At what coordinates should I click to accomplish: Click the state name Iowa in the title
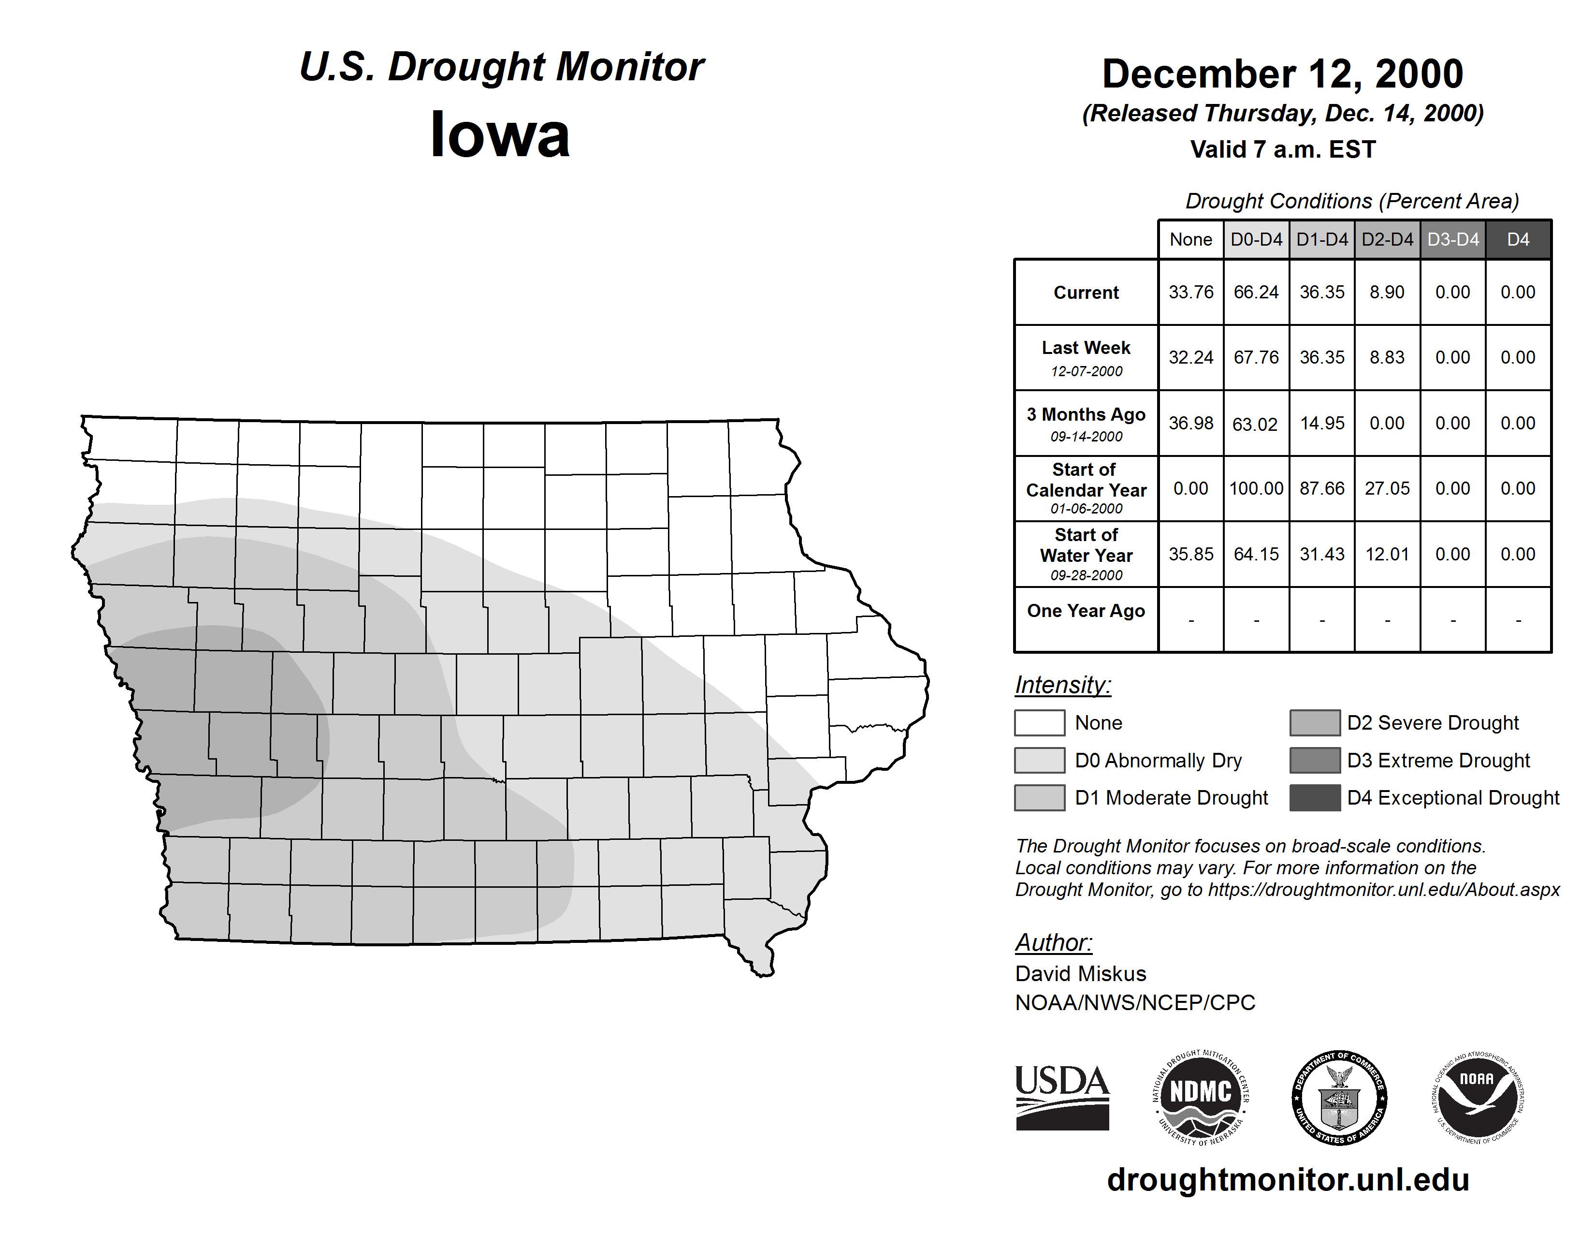[500, 135]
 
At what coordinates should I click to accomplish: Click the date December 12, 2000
[1282, 74]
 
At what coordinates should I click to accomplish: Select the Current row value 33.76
[1190, 292]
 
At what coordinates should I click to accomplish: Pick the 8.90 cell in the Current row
[1387, 292]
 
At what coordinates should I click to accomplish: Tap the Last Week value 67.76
[1256, 357]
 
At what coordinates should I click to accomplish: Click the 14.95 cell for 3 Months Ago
[1322, 423]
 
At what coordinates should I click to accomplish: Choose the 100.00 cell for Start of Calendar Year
[1256, 488]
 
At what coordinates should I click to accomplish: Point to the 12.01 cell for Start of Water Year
[1387, 554]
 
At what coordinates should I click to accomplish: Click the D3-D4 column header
[1452, 239]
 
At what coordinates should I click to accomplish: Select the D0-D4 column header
[1256, 239]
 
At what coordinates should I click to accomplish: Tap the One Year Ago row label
[1086, 611]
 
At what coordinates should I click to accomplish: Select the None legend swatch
[1039, 722]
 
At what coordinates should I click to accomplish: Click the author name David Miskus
[1080, 974]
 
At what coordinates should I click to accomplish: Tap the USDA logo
[1062, 1097]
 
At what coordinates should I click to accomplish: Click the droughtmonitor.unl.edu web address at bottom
[1288, 1180]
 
